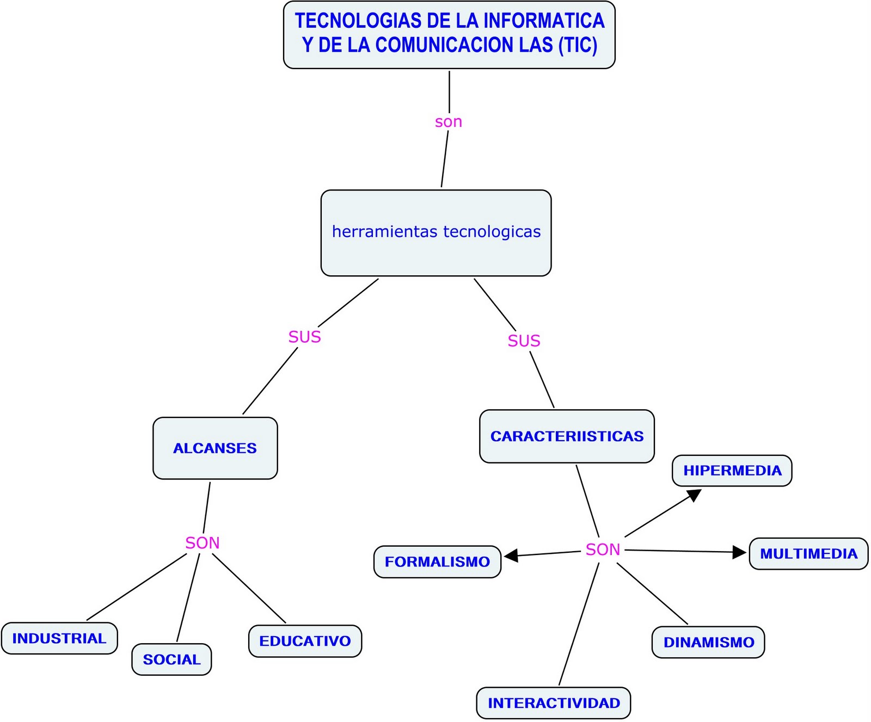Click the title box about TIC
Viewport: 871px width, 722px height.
point(449,34)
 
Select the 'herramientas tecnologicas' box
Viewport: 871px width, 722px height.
point(436,233)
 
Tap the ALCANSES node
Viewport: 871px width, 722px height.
point(215,448)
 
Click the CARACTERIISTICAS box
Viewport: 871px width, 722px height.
point(567,436)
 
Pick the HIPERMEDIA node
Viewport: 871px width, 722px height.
point(732,471)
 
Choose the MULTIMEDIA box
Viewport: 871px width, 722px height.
point(808,554)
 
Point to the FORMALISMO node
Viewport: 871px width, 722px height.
point(437,561)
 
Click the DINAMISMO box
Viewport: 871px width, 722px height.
point(708,642)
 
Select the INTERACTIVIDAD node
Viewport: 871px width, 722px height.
point(554,703)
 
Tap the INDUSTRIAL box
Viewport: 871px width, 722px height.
point(59,638)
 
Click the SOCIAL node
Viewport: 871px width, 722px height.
point(171,659)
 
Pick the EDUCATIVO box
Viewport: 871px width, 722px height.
point(305,641)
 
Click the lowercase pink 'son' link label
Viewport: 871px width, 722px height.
point(449,122)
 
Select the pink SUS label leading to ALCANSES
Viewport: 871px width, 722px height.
point(304,337)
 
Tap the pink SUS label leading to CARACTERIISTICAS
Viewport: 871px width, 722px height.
point(524,341)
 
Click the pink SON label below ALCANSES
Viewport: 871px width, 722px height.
point(203,543)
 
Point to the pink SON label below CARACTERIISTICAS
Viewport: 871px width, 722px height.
point(603,550)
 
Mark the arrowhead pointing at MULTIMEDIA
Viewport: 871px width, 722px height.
point(739,552)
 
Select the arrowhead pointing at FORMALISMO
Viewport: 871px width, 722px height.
point(511,556)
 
